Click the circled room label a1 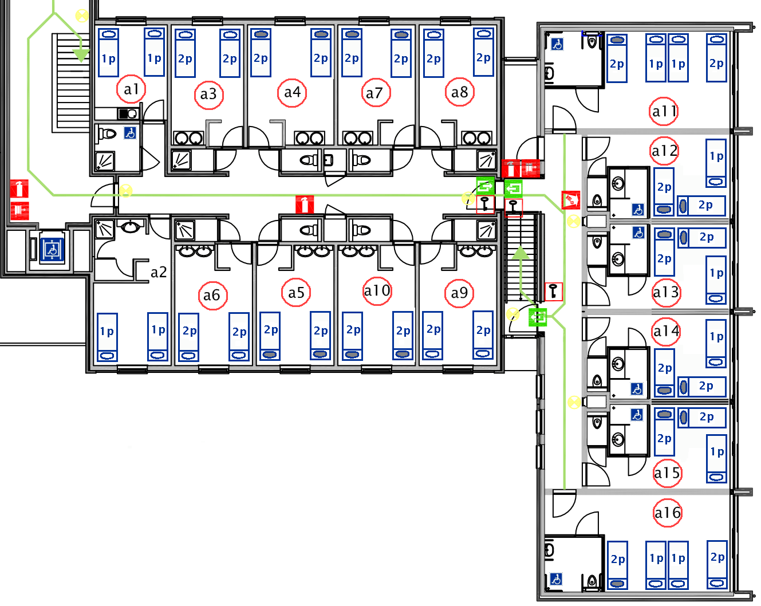131,89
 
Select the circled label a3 208,93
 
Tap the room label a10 377,291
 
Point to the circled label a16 668,513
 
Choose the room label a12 665,151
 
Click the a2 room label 159,272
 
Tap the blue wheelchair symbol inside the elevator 52,250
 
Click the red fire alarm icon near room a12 571,200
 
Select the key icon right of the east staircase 553,291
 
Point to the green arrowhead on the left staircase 81,55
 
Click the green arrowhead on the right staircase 520,253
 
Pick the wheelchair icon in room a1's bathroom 131,133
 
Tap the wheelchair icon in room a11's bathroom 557,44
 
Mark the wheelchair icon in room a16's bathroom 556,579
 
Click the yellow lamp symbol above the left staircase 82,16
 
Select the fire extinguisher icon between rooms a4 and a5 305,204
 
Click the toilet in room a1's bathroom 107,134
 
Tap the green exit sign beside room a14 538,316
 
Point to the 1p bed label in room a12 716,156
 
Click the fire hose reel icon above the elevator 19,210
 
